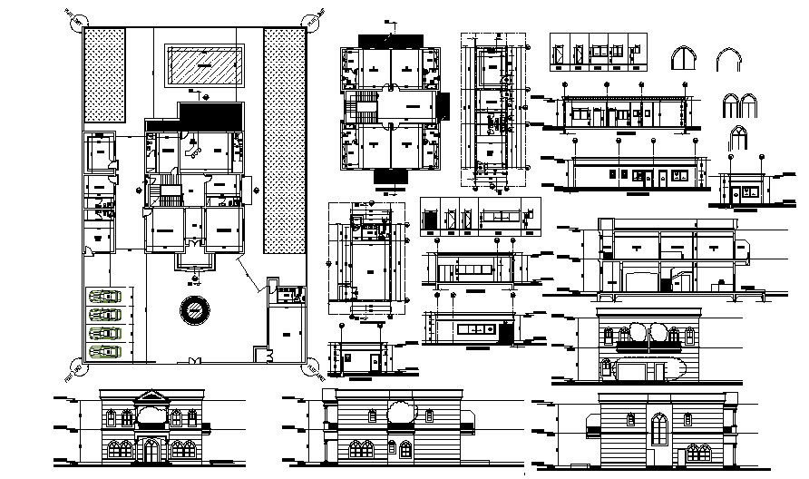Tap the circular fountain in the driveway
(x=194, y=311)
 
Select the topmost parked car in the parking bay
(x=105, y=296)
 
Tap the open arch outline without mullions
(x=726, y=61)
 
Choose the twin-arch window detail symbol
(x=733, y=106)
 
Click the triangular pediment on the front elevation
(x=151, y=397)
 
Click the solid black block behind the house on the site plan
(x=211, y=114)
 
